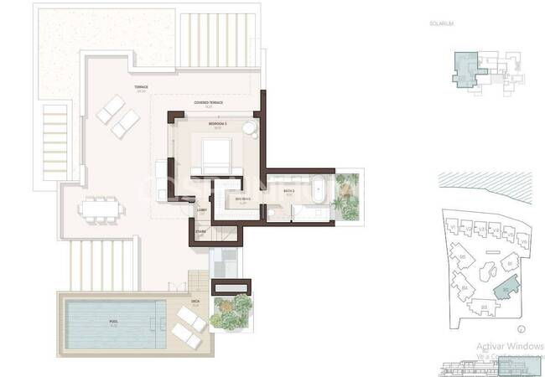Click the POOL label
113,320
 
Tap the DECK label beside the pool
195,304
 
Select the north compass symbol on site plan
520,329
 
